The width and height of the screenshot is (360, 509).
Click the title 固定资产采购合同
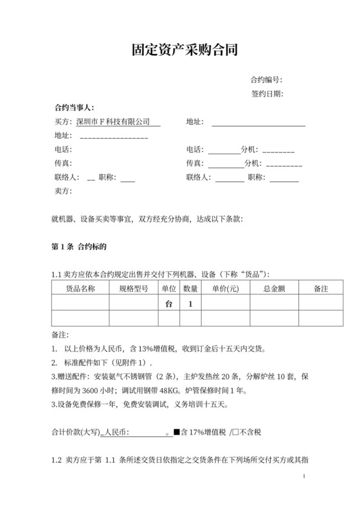click(x=179, y=50)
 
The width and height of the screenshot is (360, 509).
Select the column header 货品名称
click(x=81, y=289)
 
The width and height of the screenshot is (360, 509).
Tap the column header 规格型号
click(x=134, y=289)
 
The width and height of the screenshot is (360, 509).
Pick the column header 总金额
click(x=274, y=289)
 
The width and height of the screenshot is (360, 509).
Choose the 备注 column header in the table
click(x=321, y=289)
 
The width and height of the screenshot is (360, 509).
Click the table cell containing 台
click(x=169, y=303)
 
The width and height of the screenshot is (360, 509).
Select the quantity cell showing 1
click(x=190, y=303)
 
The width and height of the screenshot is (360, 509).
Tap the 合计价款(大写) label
click(x=75, y=433)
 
